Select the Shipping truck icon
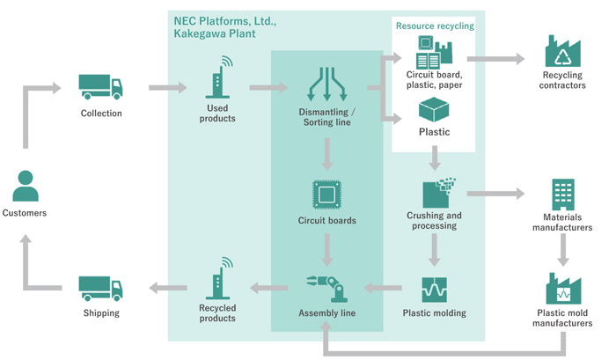pyautogui.click(x=100, y=288)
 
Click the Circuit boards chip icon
pyautogui.click(x=326, y=194)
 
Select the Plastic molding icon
pyautogui.click(x=434, y=289)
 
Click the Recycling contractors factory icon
pyautogui.click(x=563, y=55)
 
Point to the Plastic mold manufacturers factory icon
pyautogui.click(x=563, y=288)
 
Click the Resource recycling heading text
pyautogui.click(x=435, y=26)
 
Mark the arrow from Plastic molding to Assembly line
pyautogui.click(x=381, y=287)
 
